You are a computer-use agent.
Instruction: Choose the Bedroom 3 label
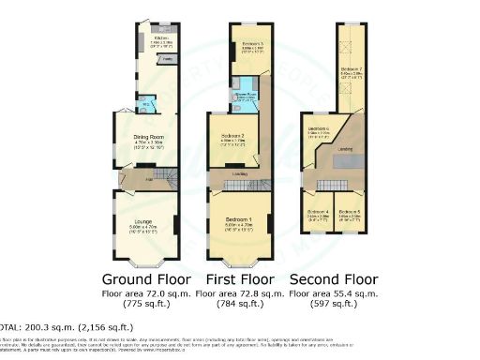[247, 44]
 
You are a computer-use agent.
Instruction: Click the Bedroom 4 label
[319, 211]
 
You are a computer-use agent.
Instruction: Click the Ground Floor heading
[146, 279]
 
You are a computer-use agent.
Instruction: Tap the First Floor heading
[241, 279]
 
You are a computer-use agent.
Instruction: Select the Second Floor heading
[335, 279]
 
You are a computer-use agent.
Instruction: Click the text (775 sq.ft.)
[146, 305]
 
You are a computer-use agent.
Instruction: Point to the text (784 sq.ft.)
[241, 305]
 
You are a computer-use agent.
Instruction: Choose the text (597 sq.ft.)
[335, 305]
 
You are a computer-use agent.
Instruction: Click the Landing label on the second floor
[345, 149]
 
